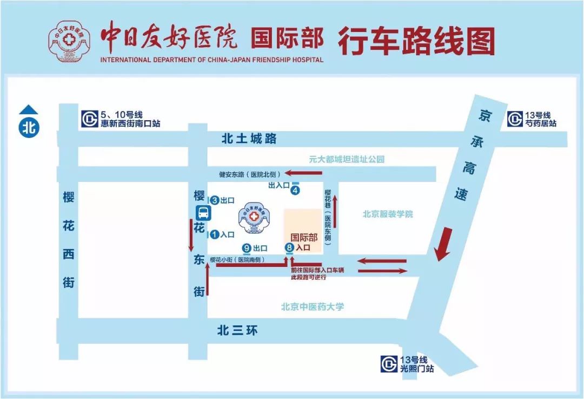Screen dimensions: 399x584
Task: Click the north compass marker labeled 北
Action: point(29,128)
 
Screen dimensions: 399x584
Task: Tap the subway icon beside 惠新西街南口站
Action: point(89,119)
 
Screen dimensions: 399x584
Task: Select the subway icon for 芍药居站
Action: point(515,119)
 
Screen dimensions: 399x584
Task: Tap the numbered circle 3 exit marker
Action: point(214,200)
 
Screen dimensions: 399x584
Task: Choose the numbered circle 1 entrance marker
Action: point(214,234)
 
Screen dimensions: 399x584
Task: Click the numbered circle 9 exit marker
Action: point(247,248)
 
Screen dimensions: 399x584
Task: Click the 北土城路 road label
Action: point(249,139)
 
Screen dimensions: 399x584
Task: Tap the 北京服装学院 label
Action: point(388,214)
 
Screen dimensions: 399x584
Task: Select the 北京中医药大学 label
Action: point(313,306)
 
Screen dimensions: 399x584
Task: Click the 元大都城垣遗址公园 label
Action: point(346,159)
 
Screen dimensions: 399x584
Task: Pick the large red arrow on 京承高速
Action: point(445,244)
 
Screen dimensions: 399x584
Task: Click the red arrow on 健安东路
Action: point(304,173)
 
